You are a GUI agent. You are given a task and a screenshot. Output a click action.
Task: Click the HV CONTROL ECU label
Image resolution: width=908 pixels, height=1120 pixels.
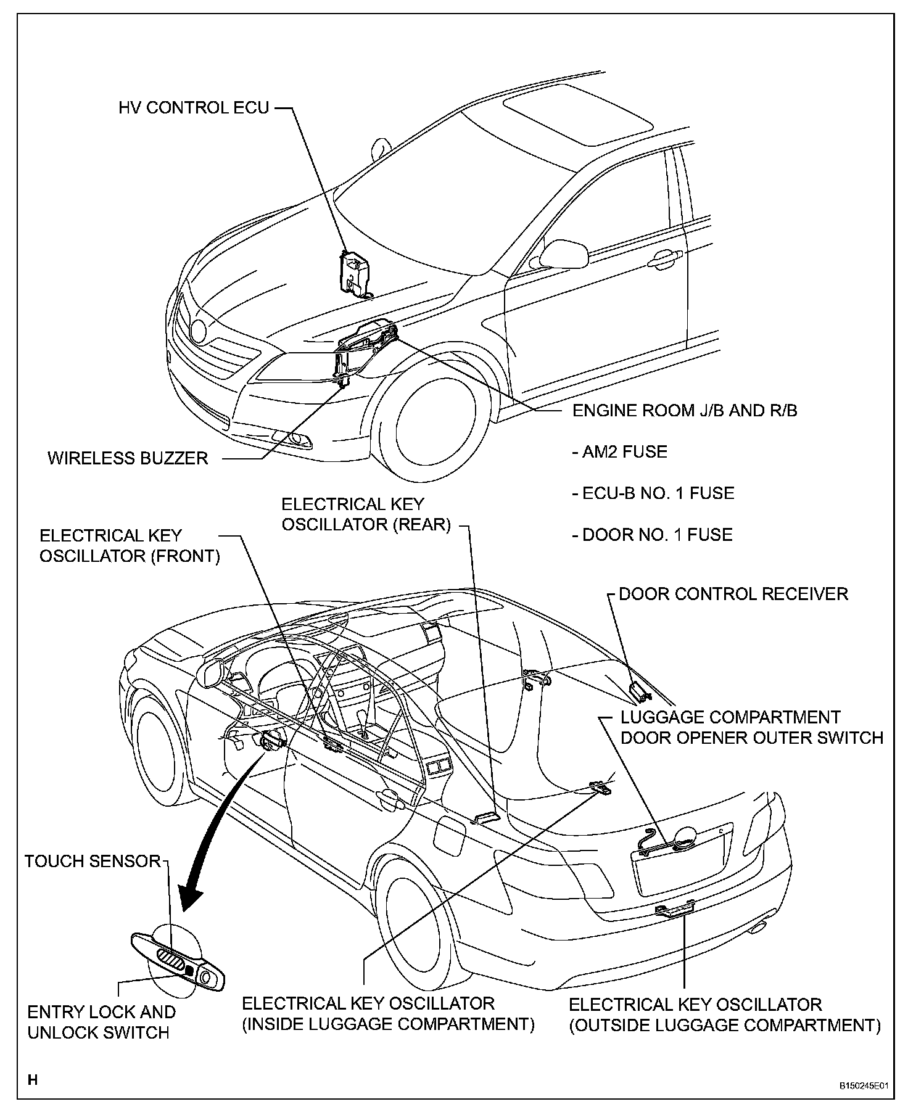coord(194,108)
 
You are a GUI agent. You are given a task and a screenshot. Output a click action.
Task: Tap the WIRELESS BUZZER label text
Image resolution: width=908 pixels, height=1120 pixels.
coord(128,458)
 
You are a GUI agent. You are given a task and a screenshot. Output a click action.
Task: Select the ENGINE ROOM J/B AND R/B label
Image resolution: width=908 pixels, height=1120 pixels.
coord(685,411)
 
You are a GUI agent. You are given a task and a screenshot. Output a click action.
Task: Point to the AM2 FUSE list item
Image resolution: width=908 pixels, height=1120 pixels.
coord(620,452)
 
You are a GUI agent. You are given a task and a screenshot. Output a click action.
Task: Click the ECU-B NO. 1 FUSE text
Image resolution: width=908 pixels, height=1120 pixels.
coord(653,493)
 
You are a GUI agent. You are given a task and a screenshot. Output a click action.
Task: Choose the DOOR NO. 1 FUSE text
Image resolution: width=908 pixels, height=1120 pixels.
coord(653,534)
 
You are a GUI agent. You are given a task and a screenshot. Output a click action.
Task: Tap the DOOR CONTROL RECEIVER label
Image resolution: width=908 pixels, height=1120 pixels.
coord(733,594)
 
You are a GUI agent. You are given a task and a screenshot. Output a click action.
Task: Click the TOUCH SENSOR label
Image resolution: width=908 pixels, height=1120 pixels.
coord(93,861)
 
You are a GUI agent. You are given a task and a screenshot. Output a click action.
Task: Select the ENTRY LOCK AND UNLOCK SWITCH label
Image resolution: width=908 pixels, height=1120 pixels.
coord(101,1022)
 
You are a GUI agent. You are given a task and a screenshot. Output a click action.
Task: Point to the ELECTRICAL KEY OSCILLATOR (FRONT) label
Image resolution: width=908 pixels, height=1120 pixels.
coord(130,546)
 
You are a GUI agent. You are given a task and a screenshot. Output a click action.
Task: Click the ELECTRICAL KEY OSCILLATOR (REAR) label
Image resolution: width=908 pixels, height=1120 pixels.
coord(366,514)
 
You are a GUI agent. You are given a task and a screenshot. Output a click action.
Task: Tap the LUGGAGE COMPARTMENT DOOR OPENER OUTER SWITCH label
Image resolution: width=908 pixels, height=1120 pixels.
coord(751,727)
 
